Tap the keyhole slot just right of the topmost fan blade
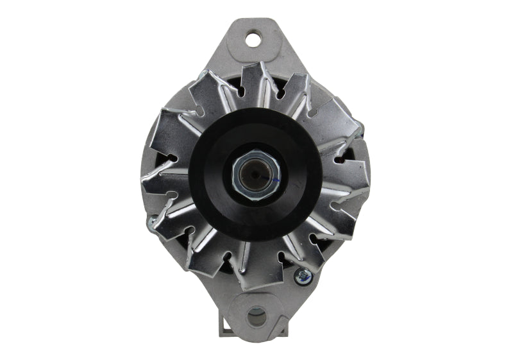281,93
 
